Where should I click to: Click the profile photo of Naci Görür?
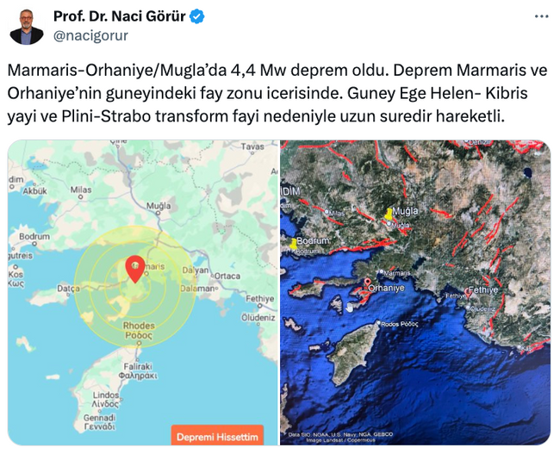coord(27,27)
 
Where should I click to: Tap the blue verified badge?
coord(197,16)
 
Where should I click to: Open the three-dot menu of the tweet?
coord(541,16)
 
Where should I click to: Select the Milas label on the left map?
coord(81,190)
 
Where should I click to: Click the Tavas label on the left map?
coord(252,147)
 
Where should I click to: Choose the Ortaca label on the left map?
coord(227,276)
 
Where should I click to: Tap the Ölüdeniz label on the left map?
coord(258,317)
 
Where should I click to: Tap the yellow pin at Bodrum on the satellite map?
coord(295,243)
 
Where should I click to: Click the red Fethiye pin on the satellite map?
coord(469,293)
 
